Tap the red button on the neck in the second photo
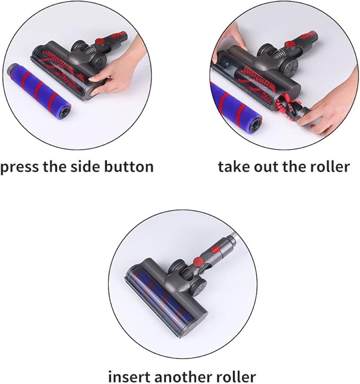tap(291, 45)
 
